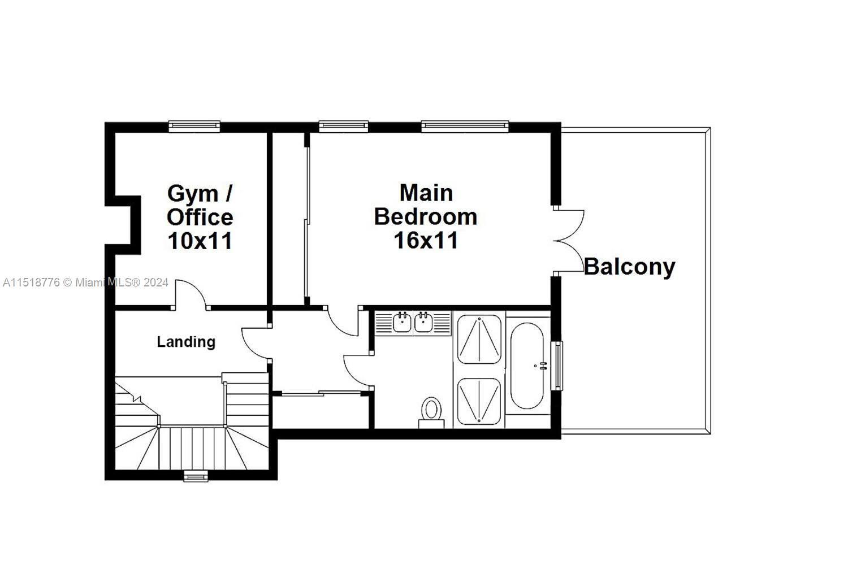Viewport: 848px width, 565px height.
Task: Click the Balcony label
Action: [x=629, y=267]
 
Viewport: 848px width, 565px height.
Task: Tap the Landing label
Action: [x=186, y=342]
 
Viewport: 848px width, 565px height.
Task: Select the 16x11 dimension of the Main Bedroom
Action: [x=426, y=241]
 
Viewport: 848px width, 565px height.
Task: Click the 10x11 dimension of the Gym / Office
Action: [x=200, y=241]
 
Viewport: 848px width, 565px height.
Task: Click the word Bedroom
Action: [x=426, y=217]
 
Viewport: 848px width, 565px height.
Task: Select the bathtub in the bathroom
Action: [x=527, y=366]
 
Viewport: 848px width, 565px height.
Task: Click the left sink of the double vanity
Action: [x=403, y=322]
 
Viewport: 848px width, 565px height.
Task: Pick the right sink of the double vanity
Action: [x=423, y=322]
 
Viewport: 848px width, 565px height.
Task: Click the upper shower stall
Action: [x=479, y=339]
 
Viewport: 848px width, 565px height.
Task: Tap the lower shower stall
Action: [x=479, y=401]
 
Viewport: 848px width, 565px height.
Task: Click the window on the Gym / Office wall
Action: [x=194, y=126]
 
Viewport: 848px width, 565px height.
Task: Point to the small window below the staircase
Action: [x=196, y=477]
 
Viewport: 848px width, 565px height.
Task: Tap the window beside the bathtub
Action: [x=557, y=366]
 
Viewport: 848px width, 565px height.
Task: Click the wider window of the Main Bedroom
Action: [x=465, y=126]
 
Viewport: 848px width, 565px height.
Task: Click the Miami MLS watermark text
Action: [x=85, y=282]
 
